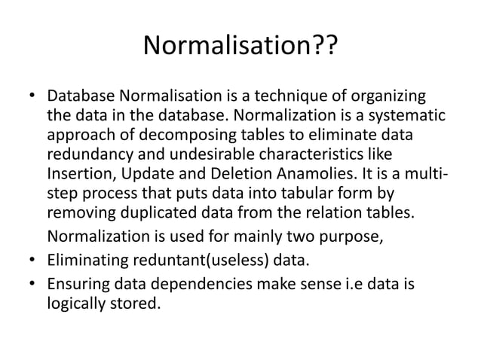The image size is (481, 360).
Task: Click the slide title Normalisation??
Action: pos(240,48)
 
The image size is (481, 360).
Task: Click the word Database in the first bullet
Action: pos(81,99)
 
